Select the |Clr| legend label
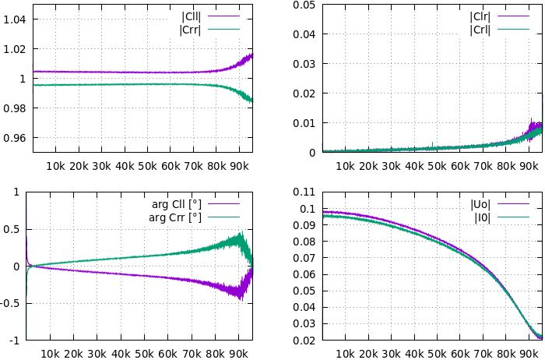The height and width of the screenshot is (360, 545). (x=480, y=16)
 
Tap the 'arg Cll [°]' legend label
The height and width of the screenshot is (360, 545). (x=176, y=204)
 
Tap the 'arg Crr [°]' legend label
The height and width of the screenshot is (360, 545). (x=176, y=217)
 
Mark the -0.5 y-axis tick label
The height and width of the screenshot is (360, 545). (x=11, y=303)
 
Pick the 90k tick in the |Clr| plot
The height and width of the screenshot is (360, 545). (x=529, y=165)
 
